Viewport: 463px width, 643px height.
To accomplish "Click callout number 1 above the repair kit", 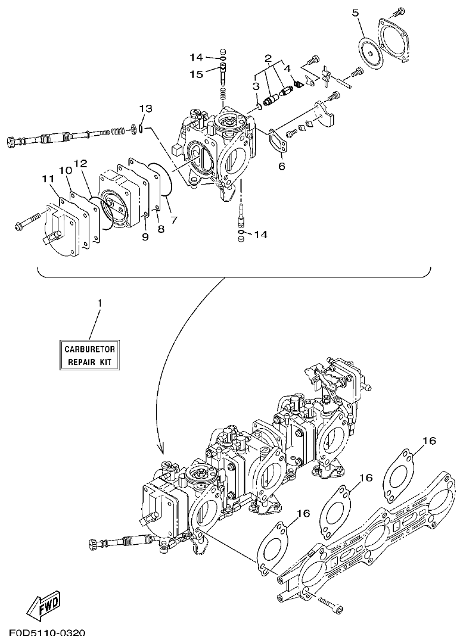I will (x=100, y=303).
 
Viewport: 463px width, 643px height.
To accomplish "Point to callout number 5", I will (x=355, y=13).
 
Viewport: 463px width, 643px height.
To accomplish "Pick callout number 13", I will (x=146, y=108).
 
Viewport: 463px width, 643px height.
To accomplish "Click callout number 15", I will (x=197, y=74).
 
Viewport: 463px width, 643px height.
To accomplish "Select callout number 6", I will (x=281, y=166).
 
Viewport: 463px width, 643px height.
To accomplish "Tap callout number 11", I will (x=48, y=178).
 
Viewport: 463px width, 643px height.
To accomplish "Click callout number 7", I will (x=174, y=220).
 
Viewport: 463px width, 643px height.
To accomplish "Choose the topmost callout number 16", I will (x=430, y=441).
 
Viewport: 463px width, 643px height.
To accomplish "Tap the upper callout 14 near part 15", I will (x=197, y=57).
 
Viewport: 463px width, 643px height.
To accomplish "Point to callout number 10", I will (x=65, y=171).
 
